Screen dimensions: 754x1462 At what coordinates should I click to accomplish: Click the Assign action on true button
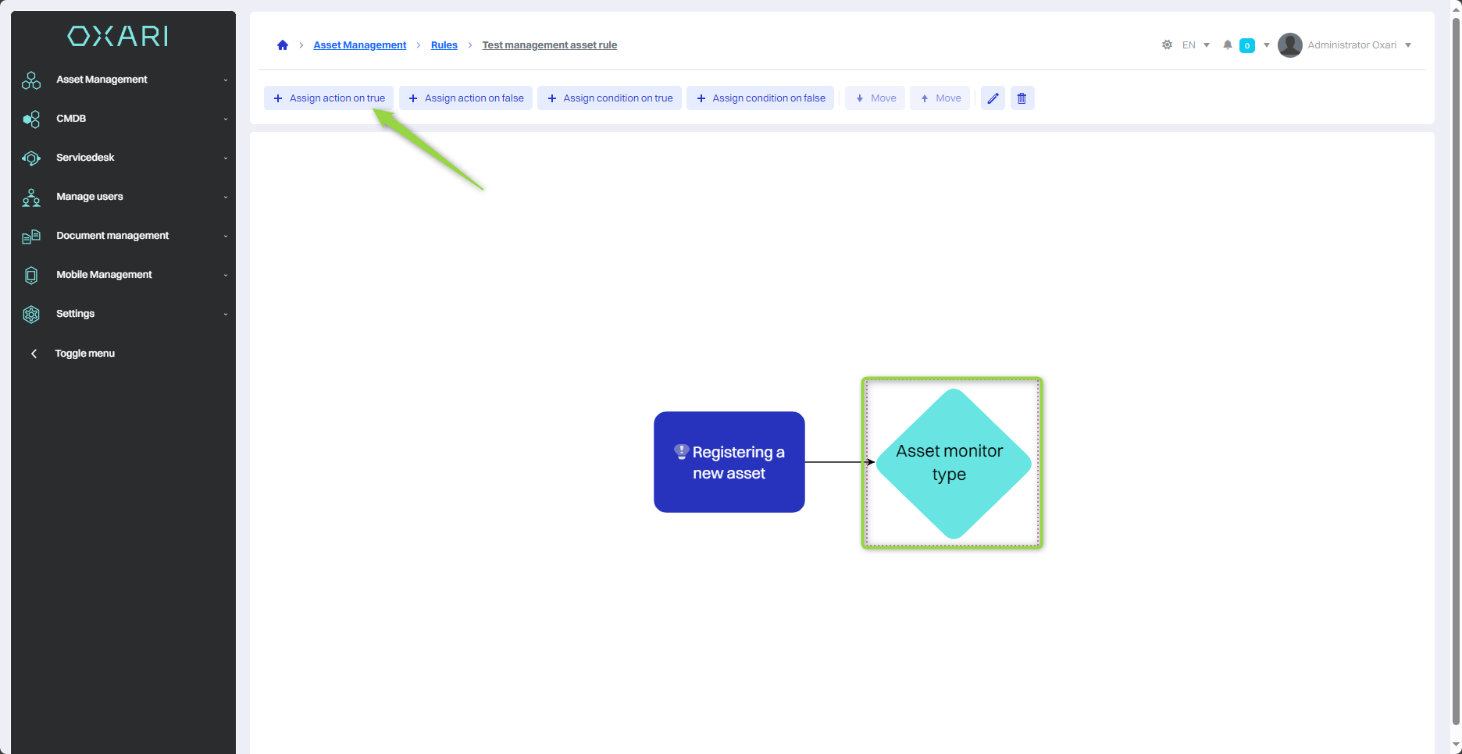[329, 98]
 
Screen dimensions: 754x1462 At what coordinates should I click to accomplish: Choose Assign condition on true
[609, 98]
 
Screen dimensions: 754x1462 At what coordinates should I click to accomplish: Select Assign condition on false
[760, 98]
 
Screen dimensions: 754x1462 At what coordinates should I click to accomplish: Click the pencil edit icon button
[993, 98]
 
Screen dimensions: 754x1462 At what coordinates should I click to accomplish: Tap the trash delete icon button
[1022, 98]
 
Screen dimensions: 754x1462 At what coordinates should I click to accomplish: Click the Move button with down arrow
[875, 98]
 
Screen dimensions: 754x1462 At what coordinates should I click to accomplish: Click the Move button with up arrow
[940, 98]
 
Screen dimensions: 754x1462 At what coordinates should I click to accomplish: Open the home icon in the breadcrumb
[283, 45]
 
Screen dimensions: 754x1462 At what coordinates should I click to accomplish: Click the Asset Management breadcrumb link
[359, 45]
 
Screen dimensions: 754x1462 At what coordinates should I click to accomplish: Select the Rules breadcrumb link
[444, 45]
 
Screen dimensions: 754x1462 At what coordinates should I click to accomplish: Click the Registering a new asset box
[729, 462]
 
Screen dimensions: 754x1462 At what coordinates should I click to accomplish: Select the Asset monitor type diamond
[953, 463]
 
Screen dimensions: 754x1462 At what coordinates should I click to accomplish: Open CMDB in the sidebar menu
[71, 119]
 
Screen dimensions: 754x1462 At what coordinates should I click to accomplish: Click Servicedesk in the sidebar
[85, 158]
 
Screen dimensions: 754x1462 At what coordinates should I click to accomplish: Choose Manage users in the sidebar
[89, 197]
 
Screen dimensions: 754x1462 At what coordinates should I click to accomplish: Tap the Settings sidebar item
[75, 314]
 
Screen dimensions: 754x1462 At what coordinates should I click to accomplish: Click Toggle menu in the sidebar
[84, 354]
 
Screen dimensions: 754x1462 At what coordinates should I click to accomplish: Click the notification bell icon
[1228, 45]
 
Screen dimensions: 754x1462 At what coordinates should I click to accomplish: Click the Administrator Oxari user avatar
[1289, 45]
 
